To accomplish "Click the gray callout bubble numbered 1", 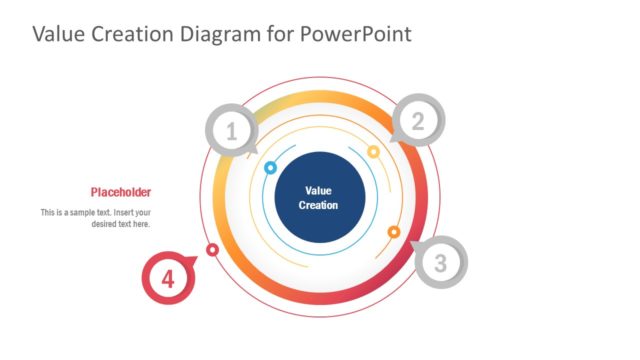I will pyautogui.click(x=232, y=131).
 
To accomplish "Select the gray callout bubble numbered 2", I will pyautogui.click(x=418, y=122).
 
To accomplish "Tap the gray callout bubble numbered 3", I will pyautogui.click(x=440, y=264).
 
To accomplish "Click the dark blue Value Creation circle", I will pyautogui.click(x=318, y=197).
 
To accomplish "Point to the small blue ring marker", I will pyautogui.click(x=270, y=168).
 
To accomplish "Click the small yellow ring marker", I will pyautogui.click(x=373, y=152).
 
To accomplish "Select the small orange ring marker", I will pyautogui.click(x=394, y=232).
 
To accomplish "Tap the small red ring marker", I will pyautogui.click(x=212, y=249).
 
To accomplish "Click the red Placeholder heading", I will pyautogui.click(x=120, y=192).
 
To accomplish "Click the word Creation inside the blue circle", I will pyautogui.click(x=318, y=205).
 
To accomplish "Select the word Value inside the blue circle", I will pyautogui.click(x=318, y=190).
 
